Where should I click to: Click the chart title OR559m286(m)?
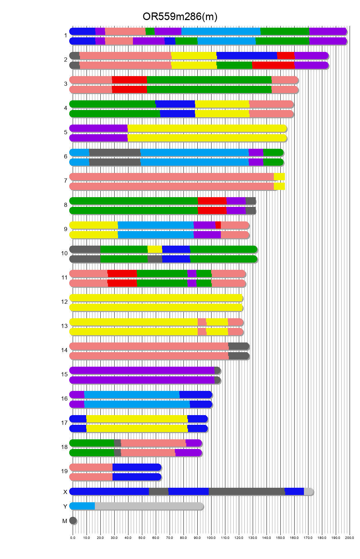pyautogui.click(x=180, y=17)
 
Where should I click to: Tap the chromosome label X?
pyautogui.click(x=65, y=492)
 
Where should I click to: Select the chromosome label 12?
pyautogui.click(x=64, y=302)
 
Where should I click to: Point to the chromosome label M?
pyautogui.click(x=65, y=521)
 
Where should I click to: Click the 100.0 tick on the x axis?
pyautogui.click(x=211, y=538)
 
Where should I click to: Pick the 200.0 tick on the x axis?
pyautogui.click(x=350, y=538)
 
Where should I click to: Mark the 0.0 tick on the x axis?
pyautogui.click(x=73, y=538)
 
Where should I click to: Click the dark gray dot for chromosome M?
pyautogui.click(x=73, y=521)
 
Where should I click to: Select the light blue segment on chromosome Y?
pyautogui.click(x=82, y=506)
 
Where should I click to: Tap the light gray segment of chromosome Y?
pyautogui.click(x=149, y=506)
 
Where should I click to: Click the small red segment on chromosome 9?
pyautogui.click(x=218, y=225)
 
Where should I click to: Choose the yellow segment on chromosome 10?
pyautogui.click(x=155, y=249)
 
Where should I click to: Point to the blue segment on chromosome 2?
pyautogui.click(x=246, y=56)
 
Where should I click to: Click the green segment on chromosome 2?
pyautogui.click(x=234, y=65)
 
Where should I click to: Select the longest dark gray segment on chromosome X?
pyautogui.click(x=246, y=492)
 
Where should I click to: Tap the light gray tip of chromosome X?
pyautogui.click(x=308, y=492)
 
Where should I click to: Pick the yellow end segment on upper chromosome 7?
pyautogui.click(x=279, y=177)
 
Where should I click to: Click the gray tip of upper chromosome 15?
pyautogui.click(x=217, y=370)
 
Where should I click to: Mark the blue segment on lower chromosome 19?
pyautogui.click(x=137, y=477)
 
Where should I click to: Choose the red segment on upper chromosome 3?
pyautogui.click(x=129, y=80)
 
